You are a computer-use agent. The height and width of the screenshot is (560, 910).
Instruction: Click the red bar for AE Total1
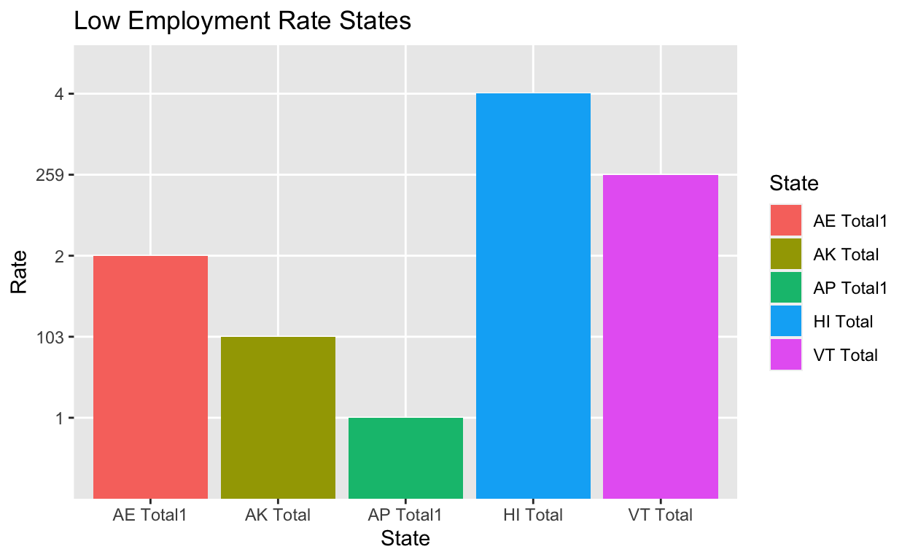(150, 377)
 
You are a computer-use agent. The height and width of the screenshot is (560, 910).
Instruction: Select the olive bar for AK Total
(278, 417)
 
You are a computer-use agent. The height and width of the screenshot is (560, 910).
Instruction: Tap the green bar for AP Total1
(405, 458)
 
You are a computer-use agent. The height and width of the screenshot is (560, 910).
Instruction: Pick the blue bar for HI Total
(533, 296)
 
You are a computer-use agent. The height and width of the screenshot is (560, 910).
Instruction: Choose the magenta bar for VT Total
(661, 336)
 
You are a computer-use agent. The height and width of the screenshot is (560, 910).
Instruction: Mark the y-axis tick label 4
(61, 94)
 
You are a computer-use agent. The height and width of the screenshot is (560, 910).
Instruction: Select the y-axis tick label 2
(61, 256)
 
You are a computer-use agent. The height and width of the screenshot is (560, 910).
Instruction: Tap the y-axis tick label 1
(61, 418)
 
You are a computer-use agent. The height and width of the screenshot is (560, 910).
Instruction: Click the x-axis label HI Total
(533, 515)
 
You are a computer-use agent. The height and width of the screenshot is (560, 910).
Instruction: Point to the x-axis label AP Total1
(405, 515)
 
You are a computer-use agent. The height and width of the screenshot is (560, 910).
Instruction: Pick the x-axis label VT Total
(661, 515)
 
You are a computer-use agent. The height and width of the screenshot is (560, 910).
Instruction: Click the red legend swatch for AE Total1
(785, 220)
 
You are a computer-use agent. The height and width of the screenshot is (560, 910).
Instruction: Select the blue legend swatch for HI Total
(785, 321)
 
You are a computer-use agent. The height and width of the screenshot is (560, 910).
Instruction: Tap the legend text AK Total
(846, 254)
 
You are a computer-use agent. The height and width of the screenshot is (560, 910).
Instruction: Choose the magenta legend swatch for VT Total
(785, 354)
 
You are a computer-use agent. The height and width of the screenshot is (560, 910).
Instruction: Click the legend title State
(794, 183)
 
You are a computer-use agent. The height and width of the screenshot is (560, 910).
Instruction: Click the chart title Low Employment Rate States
(243, 22)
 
